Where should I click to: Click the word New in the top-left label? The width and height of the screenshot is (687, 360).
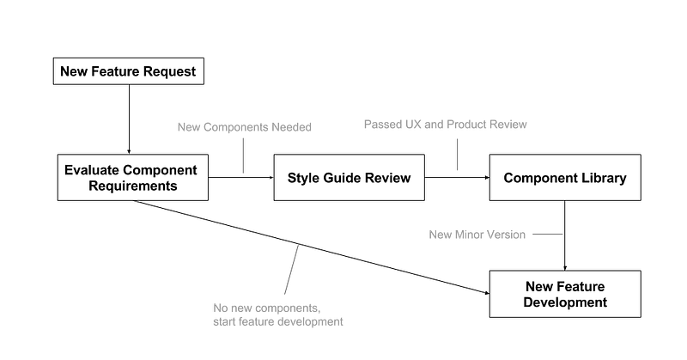185,127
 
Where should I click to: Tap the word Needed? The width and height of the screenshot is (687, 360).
290,127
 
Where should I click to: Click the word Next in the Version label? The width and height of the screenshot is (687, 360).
440,233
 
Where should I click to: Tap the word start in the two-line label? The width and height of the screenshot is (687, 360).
223,321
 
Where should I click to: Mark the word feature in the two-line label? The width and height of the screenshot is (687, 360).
258,321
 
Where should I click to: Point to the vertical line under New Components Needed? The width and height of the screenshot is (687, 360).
243,156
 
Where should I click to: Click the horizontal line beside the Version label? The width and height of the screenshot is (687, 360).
548,233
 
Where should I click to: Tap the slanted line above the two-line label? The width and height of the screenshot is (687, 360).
290,270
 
